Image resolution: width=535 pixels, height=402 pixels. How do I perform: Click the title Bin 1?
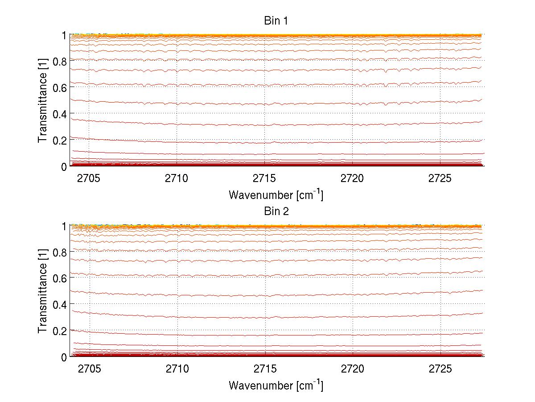[276, 21]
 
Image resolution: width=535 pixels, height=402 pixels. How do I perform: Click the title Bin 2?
[276, 211]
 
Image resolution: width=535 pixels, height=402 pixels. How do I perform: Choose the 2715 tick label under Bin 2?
[265, 369]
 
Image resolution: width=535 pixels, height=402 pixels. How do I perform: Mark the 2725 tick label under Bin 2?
[440, 369]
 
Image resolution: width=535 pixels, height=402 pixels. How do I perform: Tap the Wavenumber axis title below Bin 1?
[276, 195]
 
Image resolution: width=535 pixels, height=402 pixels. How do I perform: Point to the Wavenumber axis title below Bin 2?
[276, 385]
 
